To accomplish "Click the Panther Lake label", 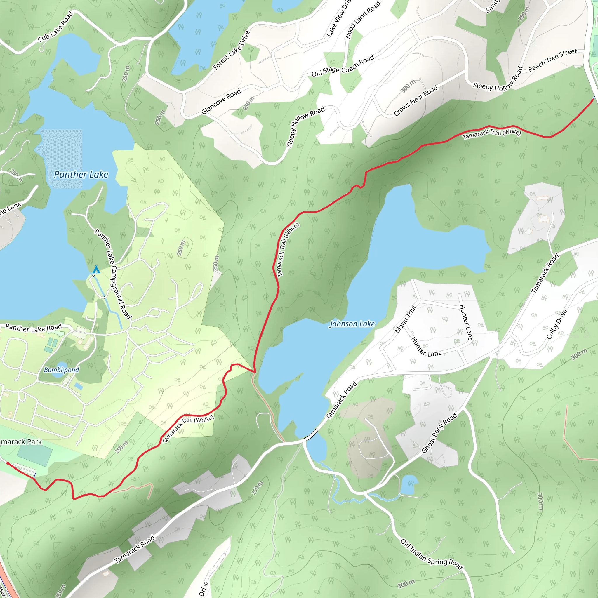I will pyautogui.click(x=81, y=175).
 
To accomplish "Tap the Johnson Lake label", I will pyautogui.click(x=352, y=324).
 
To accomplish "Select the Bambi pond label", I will pyautogui.click(x=61, y=370).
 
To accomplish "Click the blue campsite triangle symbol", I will pyautogui.click(x=96, y=270).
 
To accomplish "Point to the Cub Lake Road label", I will pyautogui.click(x=55, y=27).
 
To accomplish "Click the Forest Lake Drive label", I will pyautogui.click(x=231, y=50).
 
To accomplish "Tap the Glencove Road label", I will pyautogui.click(x=221, y=102).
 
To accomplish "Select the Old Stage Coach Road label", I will pyautogui.click(x=343, y=66).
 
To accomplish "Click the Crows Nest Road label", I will pyautogui.click(x=416, y=101).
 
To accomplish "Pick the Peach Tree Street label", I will pyautogui.click(x=552, y=60).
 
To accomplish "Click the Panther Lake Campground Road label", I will pyautogui.click(x=113, y=274).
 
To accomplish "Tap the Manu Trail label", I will pyautogui.click(x=405, y=319).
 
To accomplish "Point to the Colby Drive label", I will pyautogui.click(x=557, y=324).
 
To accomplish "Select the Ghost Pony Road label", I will pyautogui.click(x=439, y=433).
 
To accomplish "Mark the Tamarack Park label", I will pyautogui.click(x=20, y=442).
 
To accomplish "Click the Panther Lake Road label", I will pyautogui.click(x=34, y=328).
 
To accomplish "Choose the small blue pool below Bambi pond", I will pyautogui.click(x=79, y=386).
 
